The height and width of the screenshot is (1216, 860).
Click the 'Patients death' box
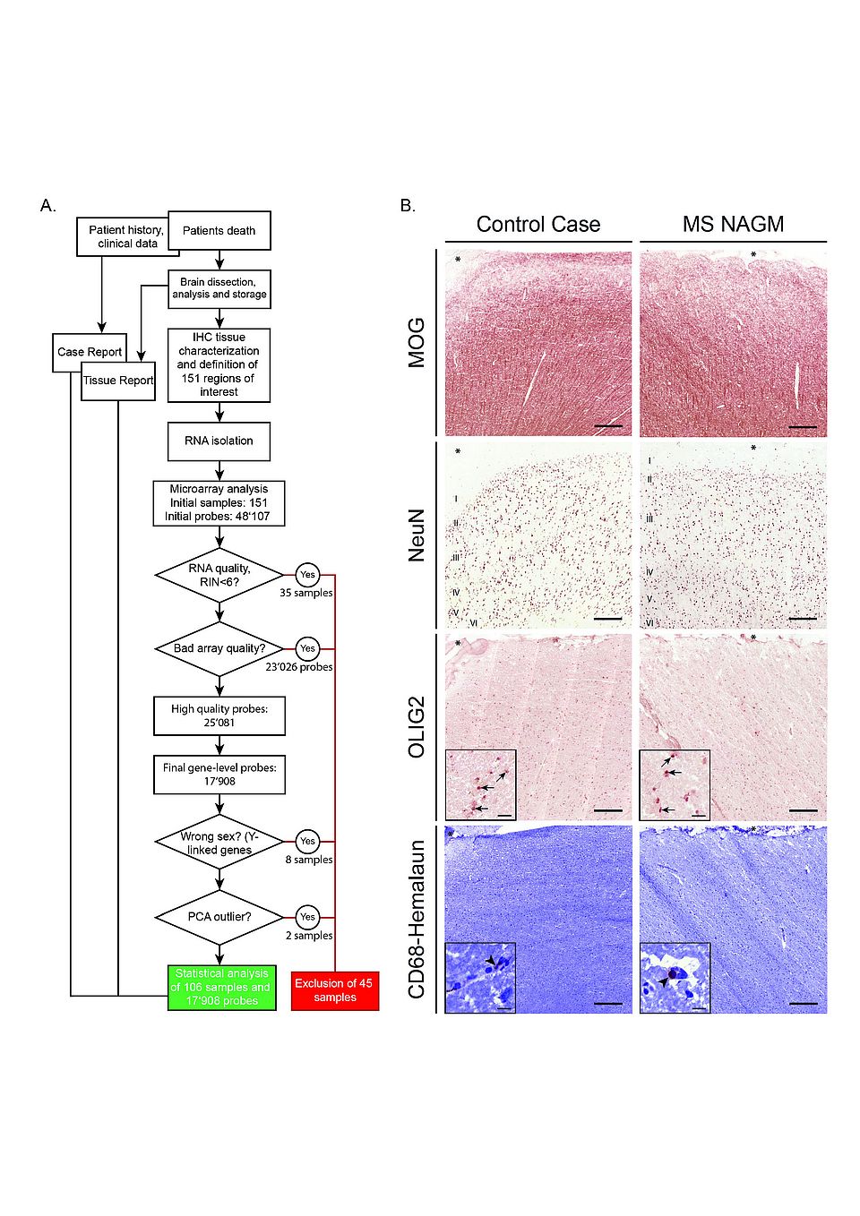pos(219,231)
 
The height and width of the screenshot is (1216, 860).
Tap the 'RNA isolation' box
pos(219,441)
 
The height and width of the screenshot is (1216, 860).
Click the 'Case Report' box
pos(89,352)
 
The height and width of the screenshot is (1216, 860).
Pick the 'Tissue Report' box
pos(118,381)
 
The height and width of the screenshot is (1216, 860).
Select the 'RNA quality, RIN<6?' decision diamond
pos(219,575)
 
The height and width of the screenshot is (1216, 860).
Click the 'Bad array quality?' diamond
pos(219,648)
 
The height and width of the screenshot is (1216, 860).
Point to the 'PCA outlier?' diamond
pos(219,917)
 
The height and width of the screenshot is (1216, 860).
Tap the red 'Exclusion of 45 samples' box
pos(335,989)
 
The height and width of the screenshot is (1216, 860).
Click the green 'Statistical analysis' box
pos(221,987)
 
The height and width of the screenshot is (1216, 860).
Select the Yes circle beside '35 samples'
pos(307,575)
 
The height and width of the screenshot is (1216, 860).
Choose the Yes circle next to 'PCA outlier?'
pos(307,917)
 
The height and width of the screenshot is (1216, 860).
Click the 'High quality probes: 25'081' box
pos(219,715)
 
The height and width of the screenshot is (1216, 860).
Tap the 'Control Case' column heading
pos(538,224)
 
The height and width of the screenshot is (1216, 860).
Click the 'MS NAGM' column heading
pos(733,224)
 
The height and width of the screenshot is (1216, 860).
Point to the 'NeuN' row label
pos(417,535)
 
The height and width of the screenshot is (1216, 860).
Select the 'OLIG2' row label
pos(417,727)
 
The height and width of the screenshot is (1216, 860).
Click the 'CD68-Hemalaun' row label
pos(417,919)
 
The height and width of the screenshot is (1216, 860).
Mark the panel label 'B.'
pos(408,206)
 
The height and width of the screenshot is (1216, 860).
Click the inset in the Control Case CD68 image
pos(480,977)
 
